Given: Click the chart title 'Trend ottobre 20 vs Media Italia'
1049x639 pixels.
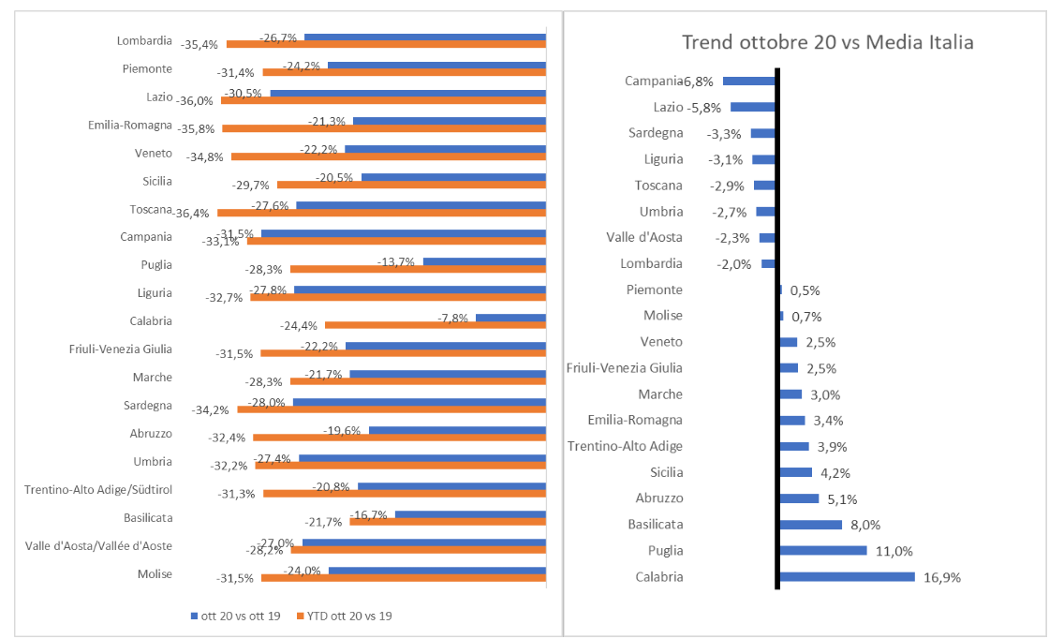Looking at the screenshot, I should pyautogui.click(x=828, y=42).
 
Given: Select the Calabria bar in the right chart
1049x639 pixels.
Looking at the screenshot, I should pyautogui.click(x=847, y=576).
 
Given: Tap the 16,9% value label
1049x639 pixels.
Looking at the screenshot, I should pyautogui.click(x=942, y=577).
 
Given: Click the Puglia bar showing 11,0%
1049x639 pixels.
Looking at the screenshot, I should pyautogui.click(x=823, y=550).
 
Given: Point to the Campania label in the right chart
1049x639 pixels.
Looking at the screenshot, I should pyautogui.click(x=654, y=82).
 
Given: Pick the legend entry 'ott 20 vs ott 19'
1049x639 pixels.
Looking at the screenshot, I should pyautogui.click(x=240, y=617).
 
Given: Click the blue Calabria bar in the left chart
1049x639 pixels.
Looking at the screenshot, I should pyautogui.click(x=510, y=318).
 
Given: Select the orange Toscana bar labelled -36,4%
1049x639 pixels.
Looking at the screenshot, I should pyautogui.click(x=381, y=213).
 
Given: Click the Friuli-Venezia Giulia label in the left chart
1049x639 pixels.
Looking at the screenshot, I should pyautogui.click(x=121, y=349).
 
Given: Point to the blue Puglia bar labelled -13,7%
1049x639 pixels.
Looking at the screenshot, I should pyautogui.click(x=484, y=261).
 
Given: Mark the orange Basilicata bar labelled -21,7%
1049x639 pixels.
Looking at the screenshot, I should pyautogui.click(x=447, y=522).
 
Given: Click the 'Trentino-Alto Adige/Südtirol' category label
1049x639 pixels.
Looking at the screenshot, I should pyautogui.click(x=98, y=490).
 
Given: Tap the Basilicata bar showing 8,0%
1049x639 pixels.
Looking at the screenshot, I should pyautogui.click(x=811, y=524).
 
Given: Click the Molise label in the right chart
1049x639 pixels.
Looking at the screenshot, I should pyautogui.click(x=663, y=317).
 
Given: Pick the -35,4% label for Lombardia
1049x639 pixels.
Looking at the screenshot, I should pyautogui.click(x=199, y=44).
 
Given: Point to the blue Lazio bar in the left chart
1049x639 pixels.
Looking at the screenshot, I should pyautogui.click(x=407, y=93).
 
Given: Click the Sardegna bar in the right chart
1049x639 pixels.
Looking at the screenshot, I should pyautogui.click(x=763, y=133).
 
